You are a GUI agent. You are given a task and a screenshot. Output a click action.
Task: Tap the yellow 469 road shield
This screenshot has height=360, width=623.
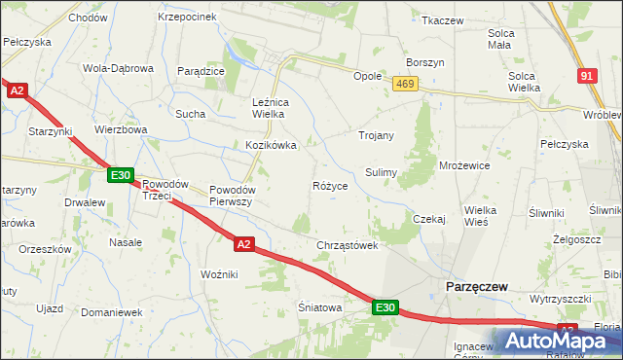(406, 86)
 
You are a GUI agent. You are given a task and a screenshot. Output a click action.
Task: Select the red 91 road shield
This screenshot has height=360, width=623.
(585, 75)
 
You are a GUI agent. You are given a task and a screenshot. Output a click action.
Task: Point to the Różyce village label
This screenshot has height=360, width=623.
(330, 185)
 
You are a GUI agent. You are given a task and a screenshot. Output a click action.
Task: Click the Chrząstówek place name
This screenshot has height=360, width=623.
(347, 245)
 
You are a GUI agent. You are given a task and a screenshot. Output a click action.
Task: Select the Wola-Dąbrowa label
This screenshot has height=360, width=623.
(119, 69)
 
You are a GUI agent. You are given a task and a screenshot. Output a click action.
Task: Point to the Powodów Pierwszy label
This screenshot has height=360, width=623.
(232, 196)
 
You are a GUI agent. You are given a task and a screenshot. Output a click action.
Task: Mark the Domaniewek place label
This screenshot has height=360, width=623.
(112, 313)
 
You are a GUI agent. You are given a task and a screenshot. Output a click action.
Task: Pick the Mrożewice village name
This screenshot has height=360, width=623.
(464, 165)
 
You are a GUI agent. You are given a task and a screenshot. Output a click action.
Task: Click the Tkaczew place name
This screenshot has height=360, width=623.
(442, 19)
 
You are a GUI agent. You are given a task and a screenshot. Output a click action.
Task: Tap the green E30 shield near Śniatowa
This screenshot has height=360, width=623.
(385, 307)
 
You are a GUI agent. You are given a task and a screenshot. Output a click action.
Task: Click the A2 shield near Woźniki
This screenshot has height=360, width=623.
(244, 244)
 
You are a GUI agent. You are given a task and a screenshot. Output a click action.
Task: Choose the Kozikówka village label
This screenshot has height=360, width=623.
(270, 145)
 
